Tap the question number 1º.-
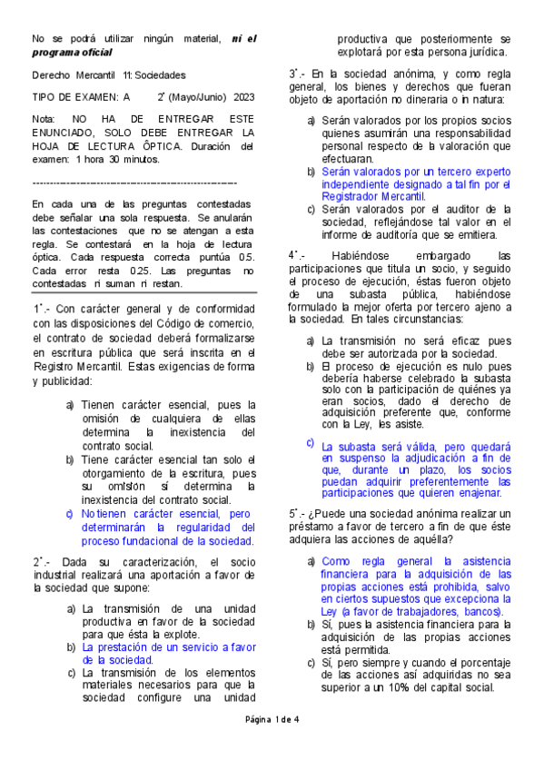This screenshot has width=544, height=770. pos(42,309)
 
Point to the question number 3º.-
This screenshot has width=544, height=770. pos(298,73)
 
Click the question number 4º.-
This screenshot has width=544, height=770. pos(299,256)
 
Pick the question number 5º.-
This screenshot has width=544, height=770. pos(298,514)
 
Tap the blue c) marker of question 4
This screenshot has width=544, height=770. pos(310,442)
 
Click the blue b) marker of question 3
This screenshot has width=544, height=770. pos(312,171)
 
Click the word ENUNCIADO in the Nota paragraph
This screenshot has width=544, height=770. pos(66,132)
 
